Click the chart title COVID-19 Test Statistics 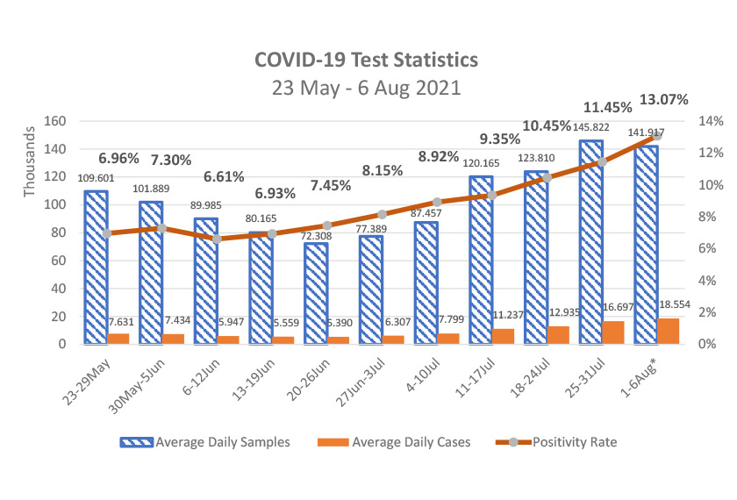coord(366,60)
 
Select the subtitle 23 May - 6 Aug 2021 coord(366,89)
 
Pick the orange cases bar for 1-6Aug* coord(668,331)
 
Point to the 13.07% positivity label coord(663,99)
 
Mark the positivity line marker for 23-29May coord(107,233)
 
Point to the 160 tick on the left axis coord(55,121)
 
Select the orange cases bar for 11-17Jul coord(503,336)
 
